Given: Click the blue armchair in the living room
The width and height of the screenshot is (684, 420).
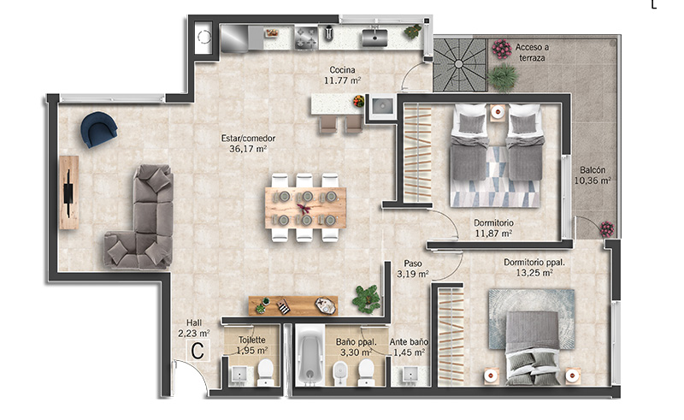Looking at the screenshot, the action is (99, 129).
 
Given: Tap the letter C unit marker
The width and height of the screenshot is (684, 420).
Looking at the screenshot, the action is (198, 351).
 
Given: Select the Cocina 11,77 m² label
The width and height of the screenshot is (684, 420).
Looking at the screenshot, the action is (343, 75).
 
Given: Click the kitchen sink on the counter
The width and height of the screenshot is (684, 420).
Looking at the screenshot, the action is (374, 37).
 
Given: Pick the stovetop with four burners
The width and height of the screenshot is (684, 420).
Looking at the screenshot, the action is (306, 37).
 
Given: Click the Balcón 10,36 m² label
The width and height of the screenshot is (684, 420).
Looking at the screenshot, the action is (593, 175).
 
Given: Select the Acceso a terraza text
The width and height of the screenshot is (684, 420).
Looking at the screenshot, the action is (532, 52).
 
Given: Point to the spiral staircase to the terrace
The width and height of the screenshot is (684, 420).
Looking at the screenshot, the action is (459, 65).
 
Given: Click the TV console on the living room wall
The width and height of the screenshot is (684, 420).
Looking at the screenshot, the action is (68, 192).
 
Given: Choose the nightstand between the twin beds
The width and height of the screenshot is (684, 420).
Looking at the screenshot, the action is (498, 113).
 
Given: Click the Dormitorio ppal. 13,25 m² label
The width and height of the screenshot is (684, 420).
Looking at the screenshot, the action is (534, 268).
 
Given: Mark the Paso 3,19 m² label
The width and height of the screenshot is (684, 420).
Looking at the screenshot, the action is (413, 269).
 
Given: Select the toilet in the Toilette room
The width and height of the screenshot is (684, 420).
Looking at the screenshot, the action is (265, 372).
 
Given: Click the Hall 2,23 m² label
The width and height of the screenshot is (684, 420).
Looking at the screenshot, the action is (194, 328).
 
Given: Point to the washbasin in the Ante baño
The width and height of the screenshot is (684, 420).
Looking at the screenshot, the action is (410, 375).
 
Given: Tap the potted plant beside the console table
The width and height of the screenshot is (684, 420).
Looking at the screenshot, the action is (367, 299).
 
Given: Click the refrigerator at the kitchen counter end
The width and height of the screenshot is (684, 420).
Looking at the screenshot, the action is (234, 38).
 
